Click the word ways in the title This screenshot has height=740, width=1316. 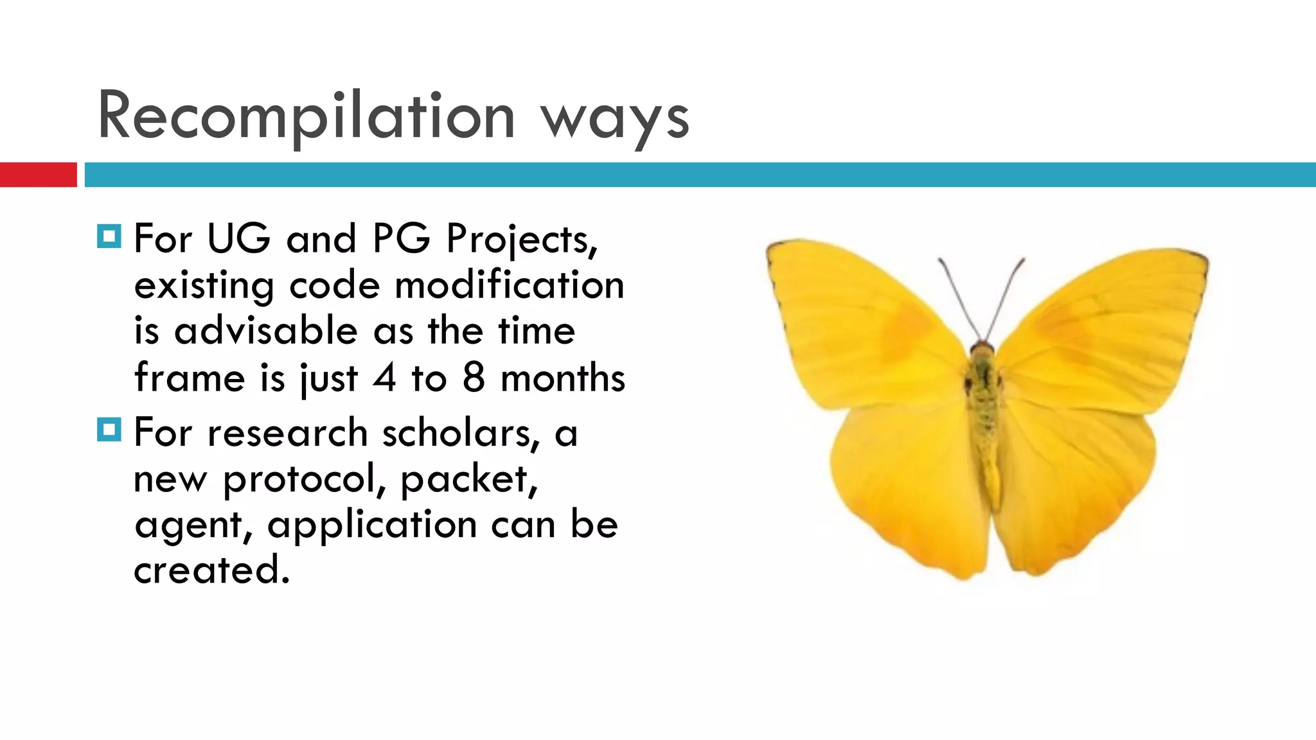(615, 119)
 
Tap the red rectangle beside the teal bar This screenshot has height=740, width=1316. (38, 175)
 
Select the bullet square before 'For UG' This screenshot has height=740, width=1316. (109, 236)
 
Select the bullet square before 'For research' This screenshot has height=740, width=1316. (109, 430)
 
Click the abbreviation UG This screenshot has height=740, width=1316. (239, 239)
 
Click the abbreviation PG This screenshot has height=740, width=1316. (401, 239)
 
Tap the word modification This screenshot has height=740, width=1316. (509, 285)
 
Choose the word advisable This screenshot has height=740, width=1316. (265, 331)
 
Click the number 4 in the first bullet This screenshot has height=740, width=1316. (384, 378)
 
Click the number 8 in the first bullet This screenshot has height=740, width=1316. (474, 378)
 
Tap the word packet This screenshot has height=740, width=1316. (468, 479)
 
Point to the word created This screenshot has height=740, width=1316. (211, 570)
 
